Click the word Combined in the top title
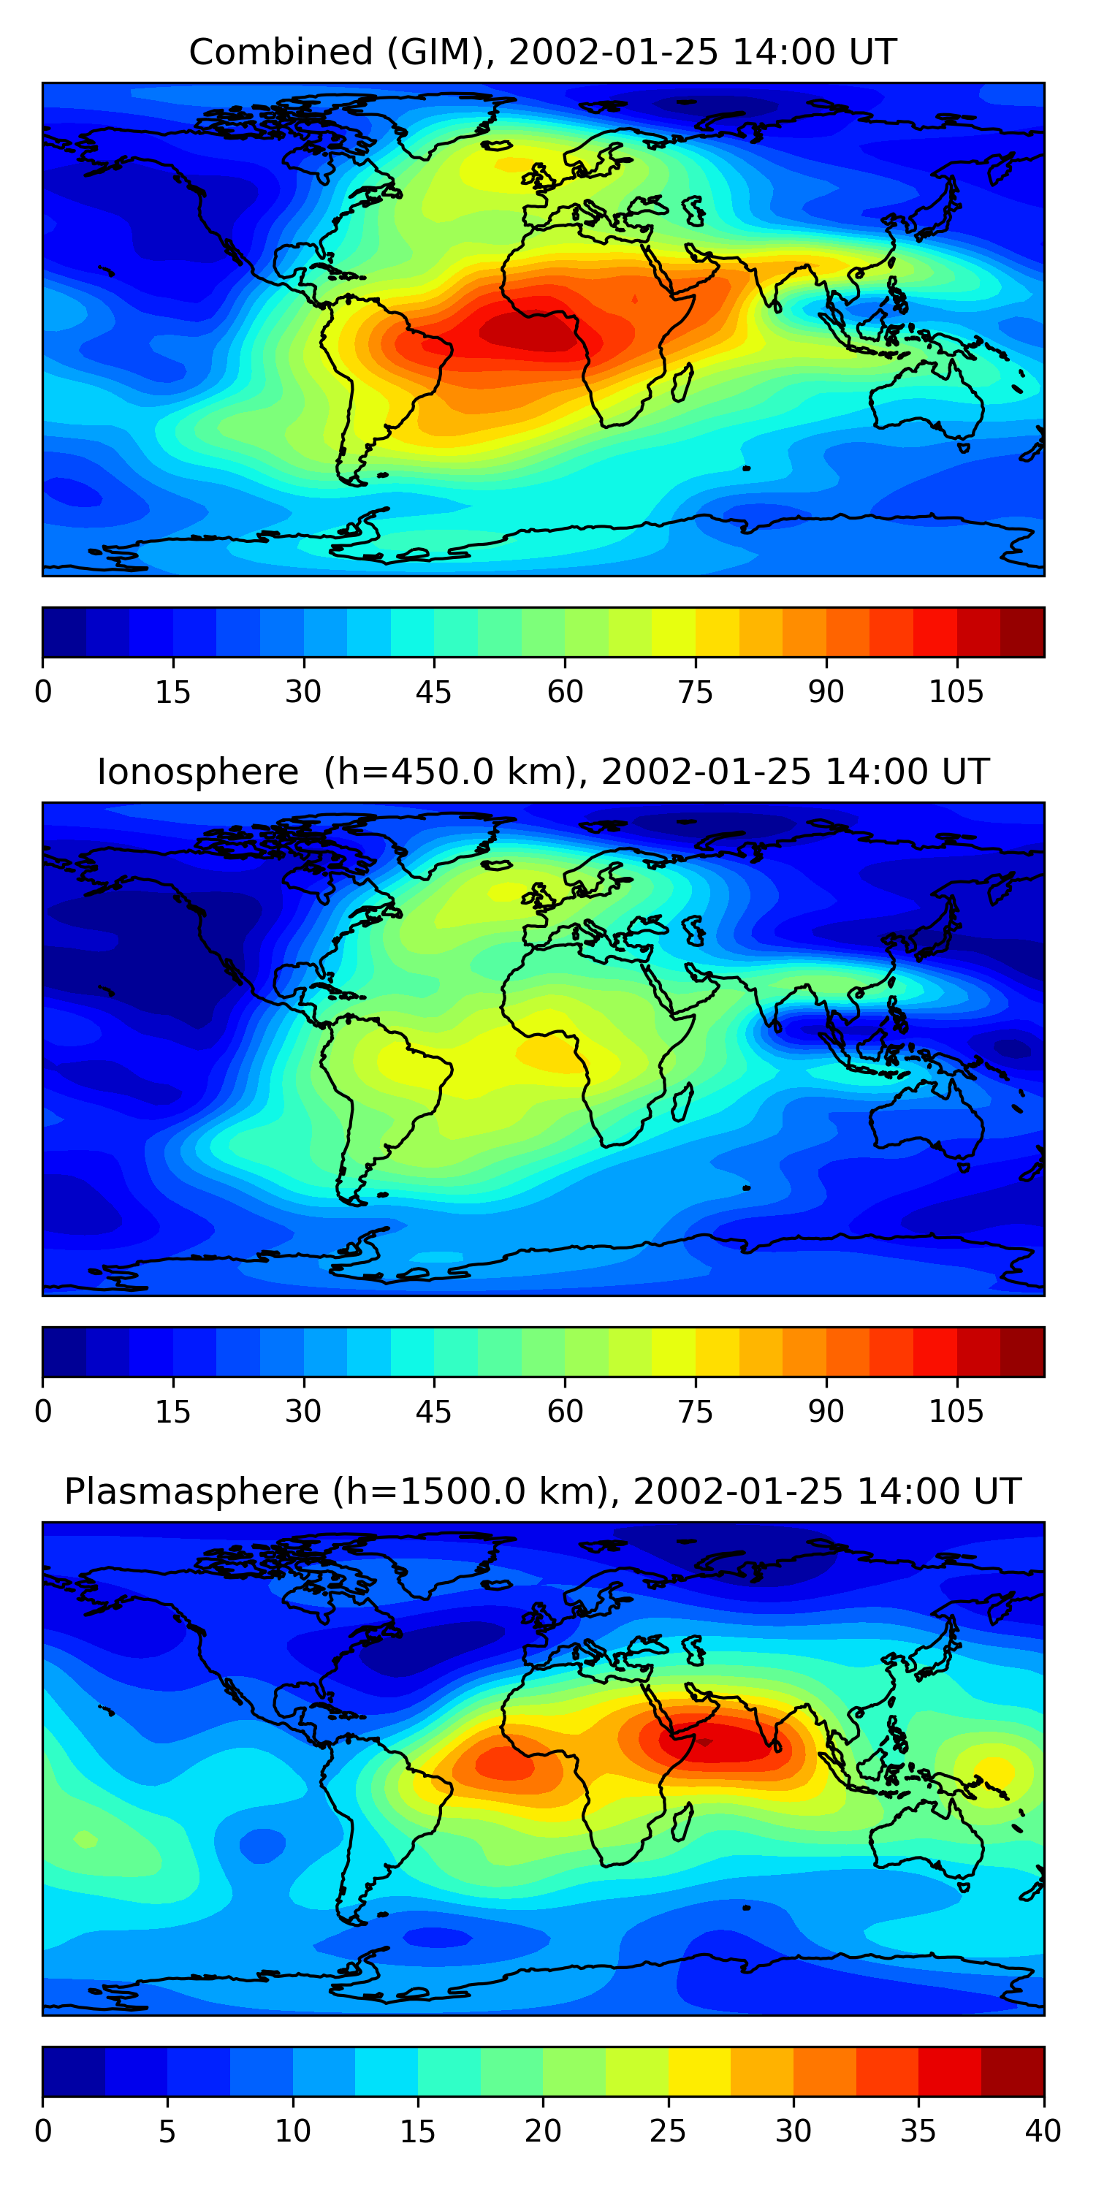pos(281,52)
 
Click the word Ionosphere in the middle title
pos(197,772)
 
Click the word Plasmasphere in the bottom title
pos(191,1492)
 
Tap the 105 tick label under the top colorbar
pos(956,692)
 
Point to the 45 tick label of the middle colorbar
pos(434,1412)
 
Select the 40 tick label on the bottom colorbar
pos(1043,2131)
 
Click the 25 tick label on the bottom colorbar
pos(668,2131)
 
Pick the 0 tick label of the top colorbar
pos(43,692)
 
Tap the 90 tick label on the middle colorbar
pos(826,1412)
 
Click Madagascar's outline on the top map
pos(682,383)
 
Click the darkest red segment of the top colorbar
pos(1022,632)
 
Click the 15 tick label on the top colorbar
pos(172,692)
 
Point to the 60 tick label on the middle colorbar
pos(565,1412)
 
